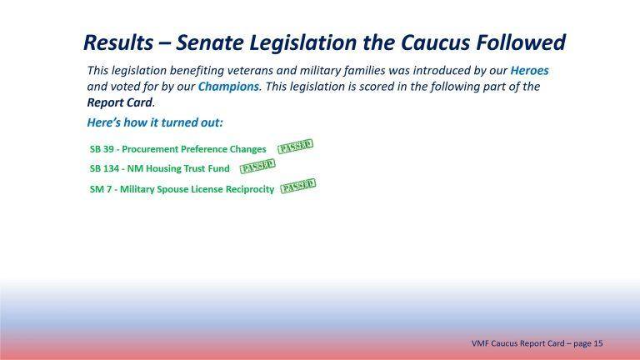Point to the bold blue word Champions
[x=226, y=87]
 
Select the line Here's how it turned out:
[x=154, y=122]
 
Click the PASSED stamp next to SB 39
[x=295, y=147]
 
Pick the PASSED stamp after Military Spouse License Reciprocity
[x=297, y=187]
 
